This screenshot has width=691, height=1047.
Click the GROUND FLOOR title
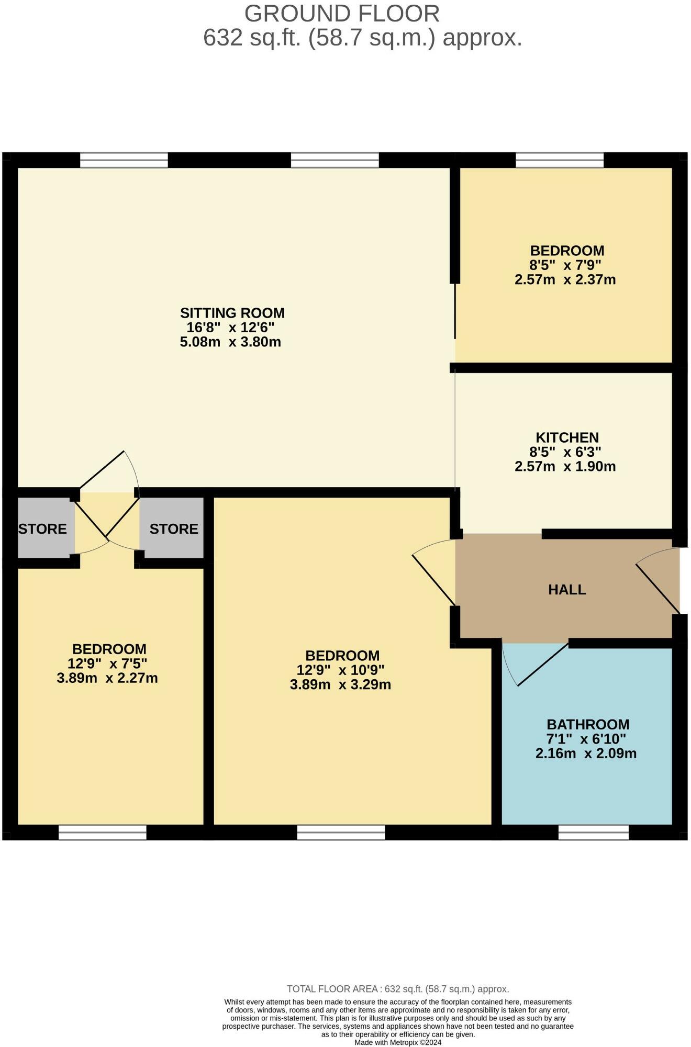click(342, 14)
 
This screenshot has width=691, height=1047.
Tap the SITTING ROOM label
click(232, 313)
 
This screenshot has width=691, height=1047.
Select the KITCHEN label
click(567, 437)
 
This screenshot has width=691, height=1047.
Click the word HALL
click(567, 590)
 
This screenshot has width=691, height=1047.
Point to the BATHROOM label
click(588, 725)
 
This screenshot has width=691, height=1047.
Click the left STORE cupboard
click(43, 528)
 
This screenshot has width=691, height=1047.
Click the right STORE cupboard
click(173, 528)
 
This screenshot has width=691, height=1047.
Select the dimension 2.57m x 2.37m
click(565, 279)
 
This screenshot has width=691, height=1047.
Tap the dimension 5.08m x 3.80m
click(230, 342)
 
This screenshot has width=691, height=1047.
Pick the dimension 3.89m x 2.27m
click(107, 678)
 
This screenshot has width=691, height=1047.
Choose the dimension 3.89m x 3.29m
click(340, 684)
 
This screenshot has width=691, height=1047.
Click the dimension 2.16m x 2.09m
click(586, 753)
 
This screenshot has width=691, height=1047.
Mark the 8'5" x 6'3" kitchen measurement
click(565, 452)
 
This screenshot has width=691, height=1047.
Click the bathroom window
click(593, 832)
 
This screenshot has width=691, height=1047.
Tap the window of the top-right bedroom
click(559, 160)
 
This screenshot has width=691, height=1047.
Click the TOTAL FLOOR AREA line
click(397, 989)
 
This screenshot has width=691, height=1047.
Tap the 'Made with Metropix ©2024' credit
click(397, 1042)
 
